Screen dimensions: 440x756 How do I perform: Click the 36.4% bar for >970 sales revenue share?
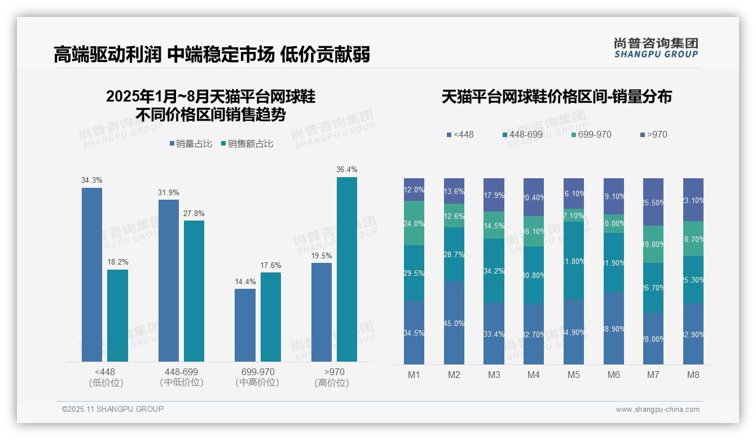[346, 269]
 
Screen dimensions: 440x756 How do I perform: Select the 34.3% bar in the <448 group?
[92, 274]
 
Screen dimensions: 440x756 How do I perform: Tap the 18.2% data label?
[117, 262]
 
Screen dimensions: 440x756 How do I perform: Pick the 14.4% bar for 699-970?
[245, 325]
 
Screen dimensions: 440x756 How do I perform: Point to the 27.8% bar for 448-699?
[194, 291]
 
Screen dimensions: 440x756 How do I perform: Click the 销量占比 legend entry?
[191, 144]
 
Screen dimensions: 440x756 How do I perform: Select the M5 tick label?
[574, 375]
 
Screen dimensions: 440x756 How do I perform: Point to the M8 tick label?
[693, 375]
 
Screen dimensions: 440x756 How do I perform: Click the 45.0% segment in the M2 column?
[454, 323]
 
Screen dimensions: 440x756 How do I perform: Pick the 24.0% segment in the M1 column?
[414, 223]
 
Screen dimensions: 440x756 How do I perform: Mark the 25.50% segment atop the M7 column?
[653, 202]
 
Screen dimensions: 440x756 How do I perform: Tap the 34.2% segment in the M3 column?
[494, 270]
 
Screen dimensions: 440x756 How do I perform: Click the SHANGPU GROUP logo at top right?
[656, 48]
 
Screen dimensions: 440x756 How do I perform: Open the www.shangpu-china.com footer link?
[657, 410]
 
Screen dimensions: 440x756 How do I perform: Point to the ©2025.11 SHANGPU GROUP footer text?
[113, 409]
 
